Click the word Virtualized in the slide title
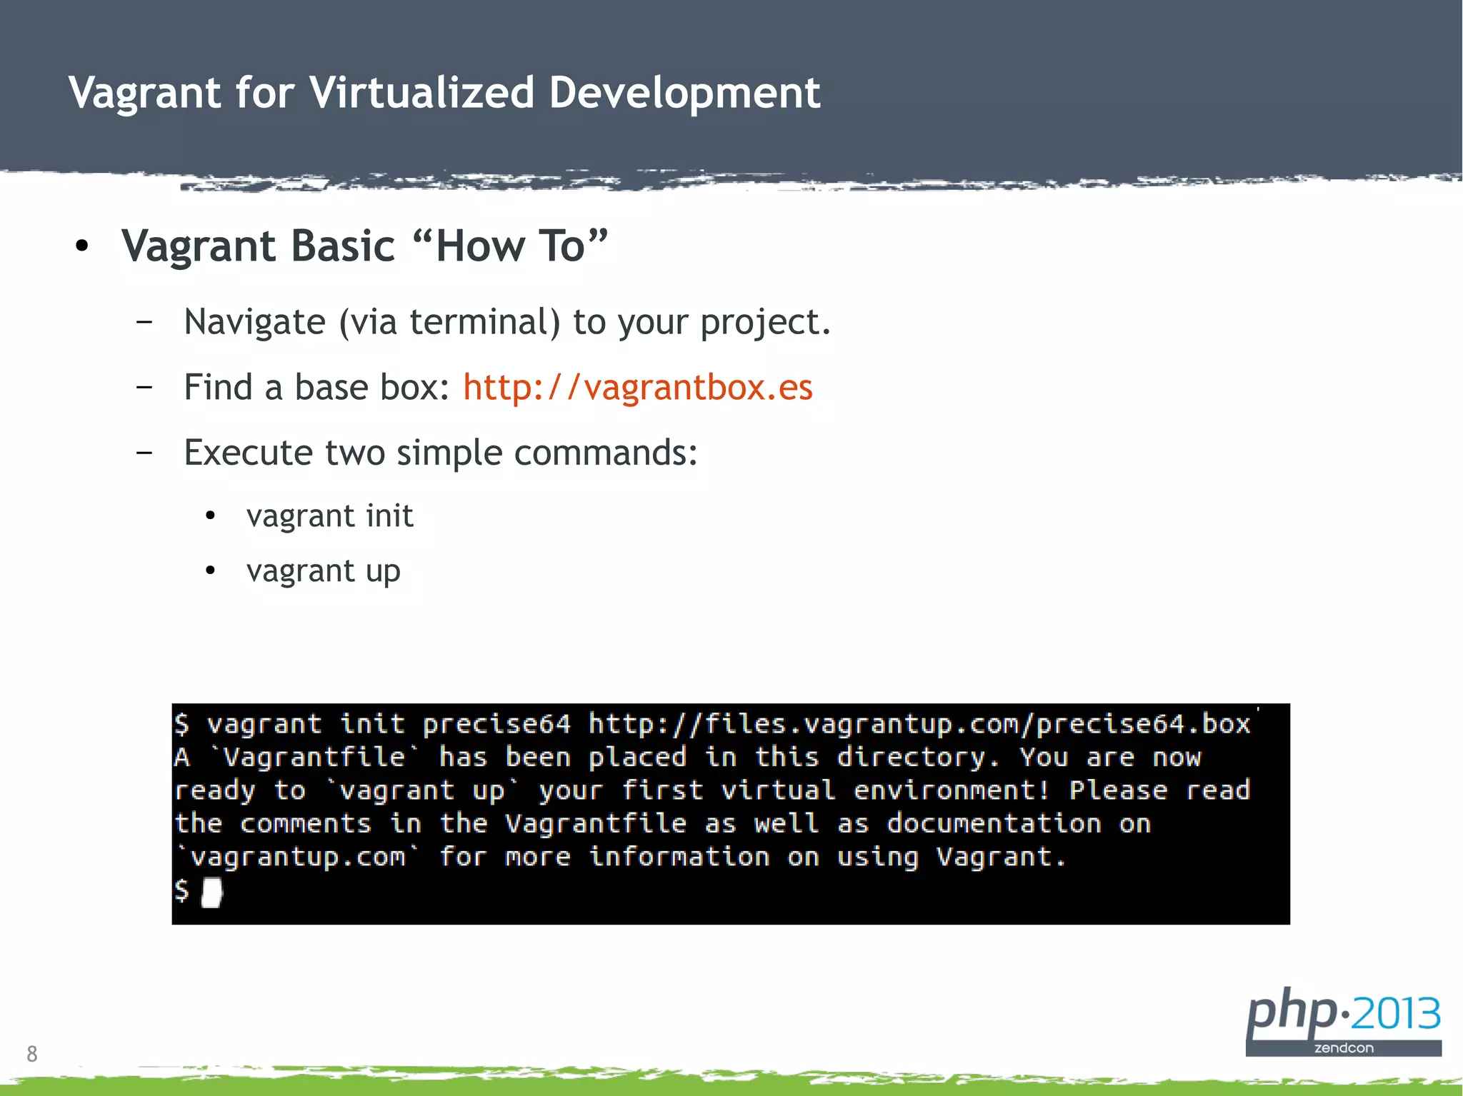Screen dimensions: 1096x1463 click(421, 93)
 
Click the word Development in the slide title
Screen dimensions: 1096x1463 click(684, 93)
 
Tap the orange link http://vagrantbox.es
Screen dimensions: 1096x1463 click(637, 388)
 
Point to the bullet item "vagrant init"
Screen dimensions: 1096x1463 click(329, 516)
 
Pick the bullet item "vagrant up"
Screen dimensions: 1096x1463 click(323, 571)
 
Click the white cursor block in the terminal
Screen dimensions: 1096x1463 click(211, 892)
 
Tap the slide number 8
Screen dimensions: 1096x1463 click(31, 1054)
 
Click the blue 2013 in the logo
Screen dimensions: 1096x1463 click(1395, 1014)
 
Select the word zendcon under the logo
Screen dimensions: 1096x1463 click(1344, 1048)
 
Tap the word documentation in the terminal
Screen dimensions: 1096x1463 click(994, 824)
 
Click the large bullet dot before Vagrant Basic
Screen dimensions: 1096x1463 click(82, 246)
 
